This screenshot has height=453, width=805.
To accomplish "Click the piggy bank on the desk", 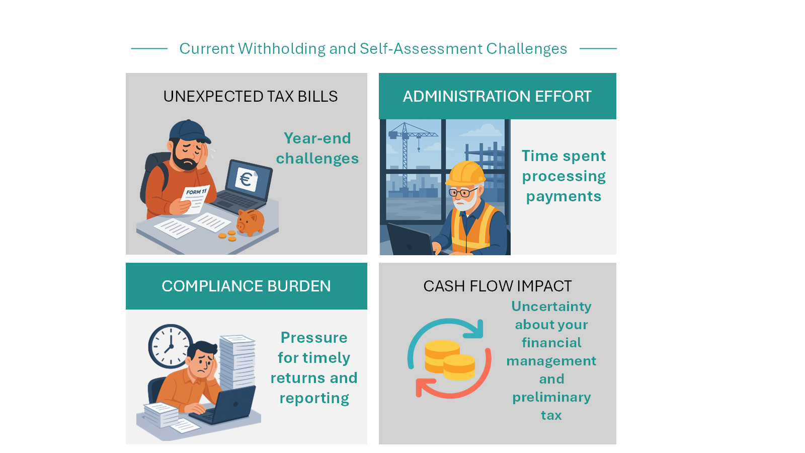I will coord(250,222).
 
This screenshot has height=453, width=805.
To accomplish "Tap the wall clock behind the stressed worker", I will coord(171,346).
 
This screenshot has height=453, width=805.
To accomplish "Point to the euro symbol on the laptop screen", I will coord(246,179).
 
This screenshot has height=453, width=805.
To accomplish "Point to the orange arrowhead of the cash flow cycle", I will coord(422,388).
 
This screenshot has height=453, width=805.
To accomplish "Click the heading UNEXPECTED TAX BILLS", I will coord(250,96).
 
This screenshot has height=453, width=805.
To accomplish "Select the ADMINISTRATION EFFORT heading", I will coord(497,96).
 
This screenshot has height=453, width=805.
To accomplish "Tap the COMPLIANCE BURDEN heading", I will coord(246,286).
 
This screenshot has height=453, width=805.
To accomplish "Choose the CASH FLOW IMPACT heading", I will coord(497,286).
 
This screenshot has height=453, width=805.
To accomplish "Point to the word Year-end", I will coord(317,138).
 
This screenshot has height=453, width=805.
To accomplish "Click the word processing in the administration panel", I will coord(563,176).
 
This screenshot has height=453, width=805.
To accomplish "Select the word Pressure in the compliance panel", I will coord(314,337).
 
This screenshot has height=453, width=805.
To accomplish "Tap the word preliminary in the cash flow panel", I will coord(551,397).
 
